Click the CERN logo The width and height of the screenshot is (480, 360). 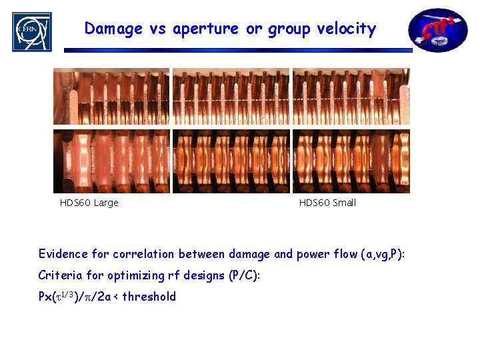pyautogui.click(x=31, y=31)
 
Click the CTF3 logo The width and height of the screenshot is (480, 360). pyautogui.click(x=438, y=30)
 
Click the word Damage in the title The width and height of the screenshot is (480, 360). pyautogui.click(x=113, y=29)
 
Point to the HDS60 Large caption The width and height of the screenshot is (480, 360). pyautogui.click(x=89, y=203)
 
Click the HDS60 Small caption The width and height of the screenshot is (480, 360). pyautogui.click(x=327, y=203)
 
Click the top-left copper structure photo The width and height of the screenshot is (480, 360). pyautogui.click(x=111, y=97)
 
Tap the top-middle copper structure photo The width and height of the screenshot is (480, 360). pyautogui.click(x=231, y=97)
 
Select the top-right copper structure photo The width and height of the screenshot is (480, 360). pyautogui.click(x=351, y=97)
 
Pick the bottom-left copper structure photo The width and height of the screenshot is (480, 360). pyautogui.click(x=111, y=161)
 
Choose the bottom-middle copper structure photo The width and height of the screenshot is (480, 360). pyautogui.click(x=231, y=161)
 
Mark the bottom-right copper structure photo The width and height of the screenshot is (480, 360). pyautogui.click(x=351, y=161)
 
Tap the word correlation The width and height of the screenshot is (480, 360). pyautogui.click(x=145, y=254)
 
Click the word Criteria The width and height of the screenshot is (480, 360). pyautogui.click(x=62, y=275)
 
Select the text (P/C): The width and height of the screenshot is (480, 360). pyautogui.click(x=247, y=275)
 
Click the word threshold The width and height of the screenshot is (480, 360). pyautogui.click(x=149, y=297)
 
